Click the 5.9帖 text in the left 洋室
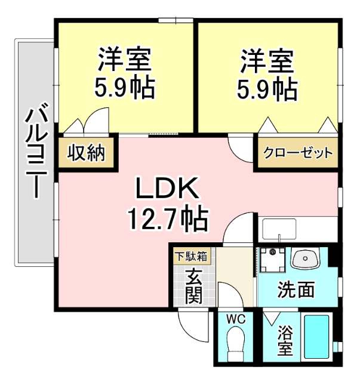click(125, 88)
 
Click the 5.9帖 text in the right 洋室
click(267, 88)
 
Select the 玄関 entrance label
click(193, 285)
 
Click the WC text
click(236, 319)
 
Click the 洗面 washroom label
click(295, 290)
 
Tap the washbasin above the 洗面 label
click(306, 260)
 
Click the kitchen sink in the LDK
click(279, 229)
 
